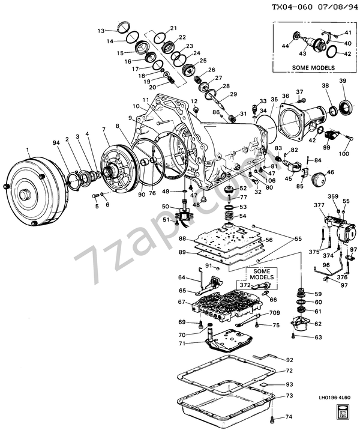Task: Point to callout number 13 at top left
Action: (101, 30)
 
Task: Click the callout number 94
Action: (57, 142)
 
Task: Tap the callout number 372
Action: (245, 286)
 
